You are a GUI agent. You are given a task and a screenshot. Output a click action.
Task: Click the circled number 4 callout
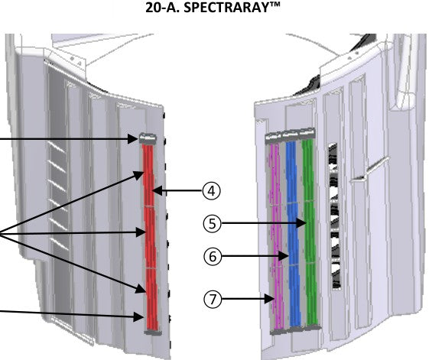(x=212, y=191)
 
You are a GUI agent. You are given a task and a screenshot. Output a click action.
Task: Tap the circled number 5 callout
(x=212, y=223)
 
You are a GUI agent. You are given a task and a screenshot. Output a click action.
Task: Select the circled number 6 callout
(x=213, y=257)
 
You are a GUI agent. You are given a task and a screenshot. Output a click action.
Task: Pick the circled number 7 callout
(x=213, y=299)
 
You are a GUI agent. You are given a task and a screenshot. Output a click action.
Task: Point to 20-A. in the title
(x=162, y=8)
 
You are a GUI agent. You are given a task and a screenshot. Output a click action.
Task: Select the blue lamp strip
(x=293, y=234)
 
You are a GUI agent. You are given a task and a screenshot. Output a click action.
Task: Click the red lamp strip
(x=150, y=237)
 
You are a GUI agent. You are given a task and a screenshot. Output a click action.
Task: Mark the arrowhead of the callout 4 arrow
(x=157, y=190)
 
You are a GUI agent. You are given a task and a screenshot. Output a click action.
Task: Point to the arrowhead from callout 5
(x=302, y=223)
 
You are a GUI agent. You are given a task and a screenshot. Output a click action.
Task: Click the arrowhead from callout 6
(x=284, y=256)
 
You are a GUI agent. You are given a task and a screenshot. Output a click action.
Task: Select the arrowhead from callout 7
(x=269, y=299)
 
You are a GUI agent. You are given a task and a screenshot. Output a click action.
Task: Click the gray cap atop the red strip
(x=148, y=138)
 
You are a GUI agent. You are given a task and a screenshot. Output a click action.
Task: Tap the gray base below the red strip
(x=153, y=332)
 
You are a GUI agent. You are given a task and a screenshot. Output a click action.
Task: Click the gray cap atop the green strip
(x=307, y=133)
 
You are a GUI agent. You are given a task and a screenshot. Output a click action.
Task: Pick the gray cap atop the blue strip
(x=291, y=135)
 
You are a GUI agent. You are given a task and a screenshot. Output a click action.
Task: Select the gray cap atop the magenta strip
(x=273, y=138)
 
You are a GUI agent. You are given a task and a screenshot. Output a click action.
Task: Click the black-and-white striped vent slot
(x=334, y=216)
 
